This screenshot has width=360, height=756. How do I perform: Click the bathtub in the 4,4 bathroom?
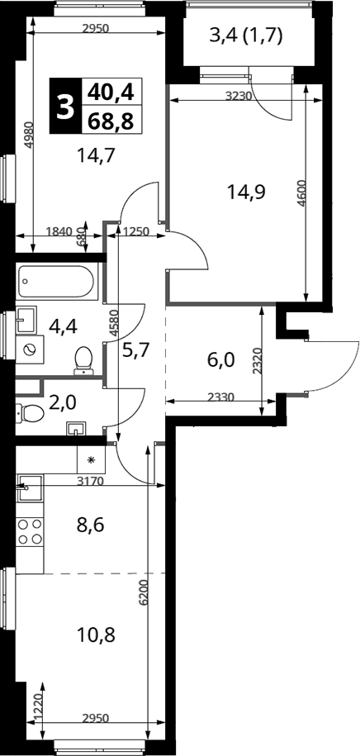57,282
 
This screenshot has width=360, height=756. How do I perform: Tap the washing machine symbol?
30,349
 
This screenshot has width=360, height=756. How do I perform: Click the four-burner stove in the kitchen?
30,532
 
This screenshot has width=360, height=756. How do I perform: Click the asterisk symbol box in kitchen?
92,459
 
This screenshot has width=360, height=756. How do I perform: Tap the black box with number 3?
65,106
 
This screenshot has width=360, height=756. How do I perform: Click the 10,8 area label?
97,635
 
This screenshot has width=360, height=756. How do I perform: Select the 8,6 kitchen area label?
90,524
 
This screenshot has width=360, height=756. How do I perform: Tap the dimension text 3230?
239,96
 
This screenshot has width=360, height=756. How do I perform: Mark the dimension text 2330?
221,397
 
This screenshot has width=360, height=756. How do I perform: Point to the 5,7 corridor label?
135,349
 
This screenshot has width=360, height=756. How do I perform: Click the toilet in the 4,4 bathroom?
84,360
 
